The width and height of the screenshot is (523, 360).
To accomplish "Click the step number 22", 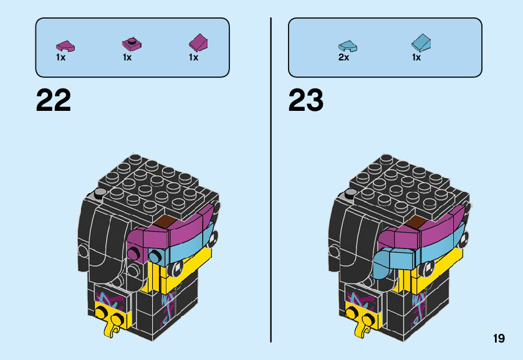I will pos(54,101).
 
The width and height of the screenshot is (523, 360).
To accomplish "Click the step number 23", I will pos(306,101).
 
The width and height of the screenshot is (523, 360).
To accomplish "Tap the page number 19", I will pos(498,338).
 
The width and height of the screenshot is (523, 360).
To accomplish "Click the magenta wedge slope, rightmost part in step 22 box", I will pos(198,43).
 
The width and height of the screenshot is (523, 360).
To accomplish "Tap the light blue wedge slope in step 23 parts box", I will pos(421,43).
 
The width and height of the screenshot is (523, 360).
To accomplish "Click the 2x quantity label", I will pos(343,57).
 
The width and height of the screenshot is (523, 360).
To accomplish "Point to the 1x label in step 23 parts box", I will pos(416,57).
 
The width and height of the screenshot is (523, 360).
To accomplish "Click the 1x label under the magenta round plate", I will pos(127,57).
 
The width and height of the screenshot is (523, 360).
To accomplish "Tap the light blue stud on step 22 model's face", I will pos(153,255).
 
